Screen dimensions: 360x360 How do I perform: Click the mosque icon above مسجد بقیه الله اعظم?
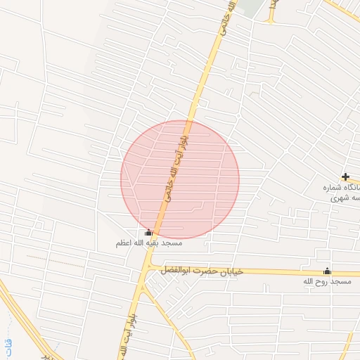pos(148,233)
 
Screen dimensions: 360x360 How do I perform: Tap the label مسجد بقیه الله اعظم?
pos(149,243)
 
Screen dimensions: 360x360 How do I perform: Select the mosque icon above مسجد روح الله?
pos(326,271)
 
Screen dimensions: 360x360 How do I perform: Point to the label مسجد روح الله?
pos(326,281)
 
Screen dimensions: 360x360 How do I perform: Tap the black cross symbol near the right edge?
pos(345,176)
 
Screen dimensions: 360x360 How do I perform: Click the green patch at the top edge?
pos(250,7)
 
